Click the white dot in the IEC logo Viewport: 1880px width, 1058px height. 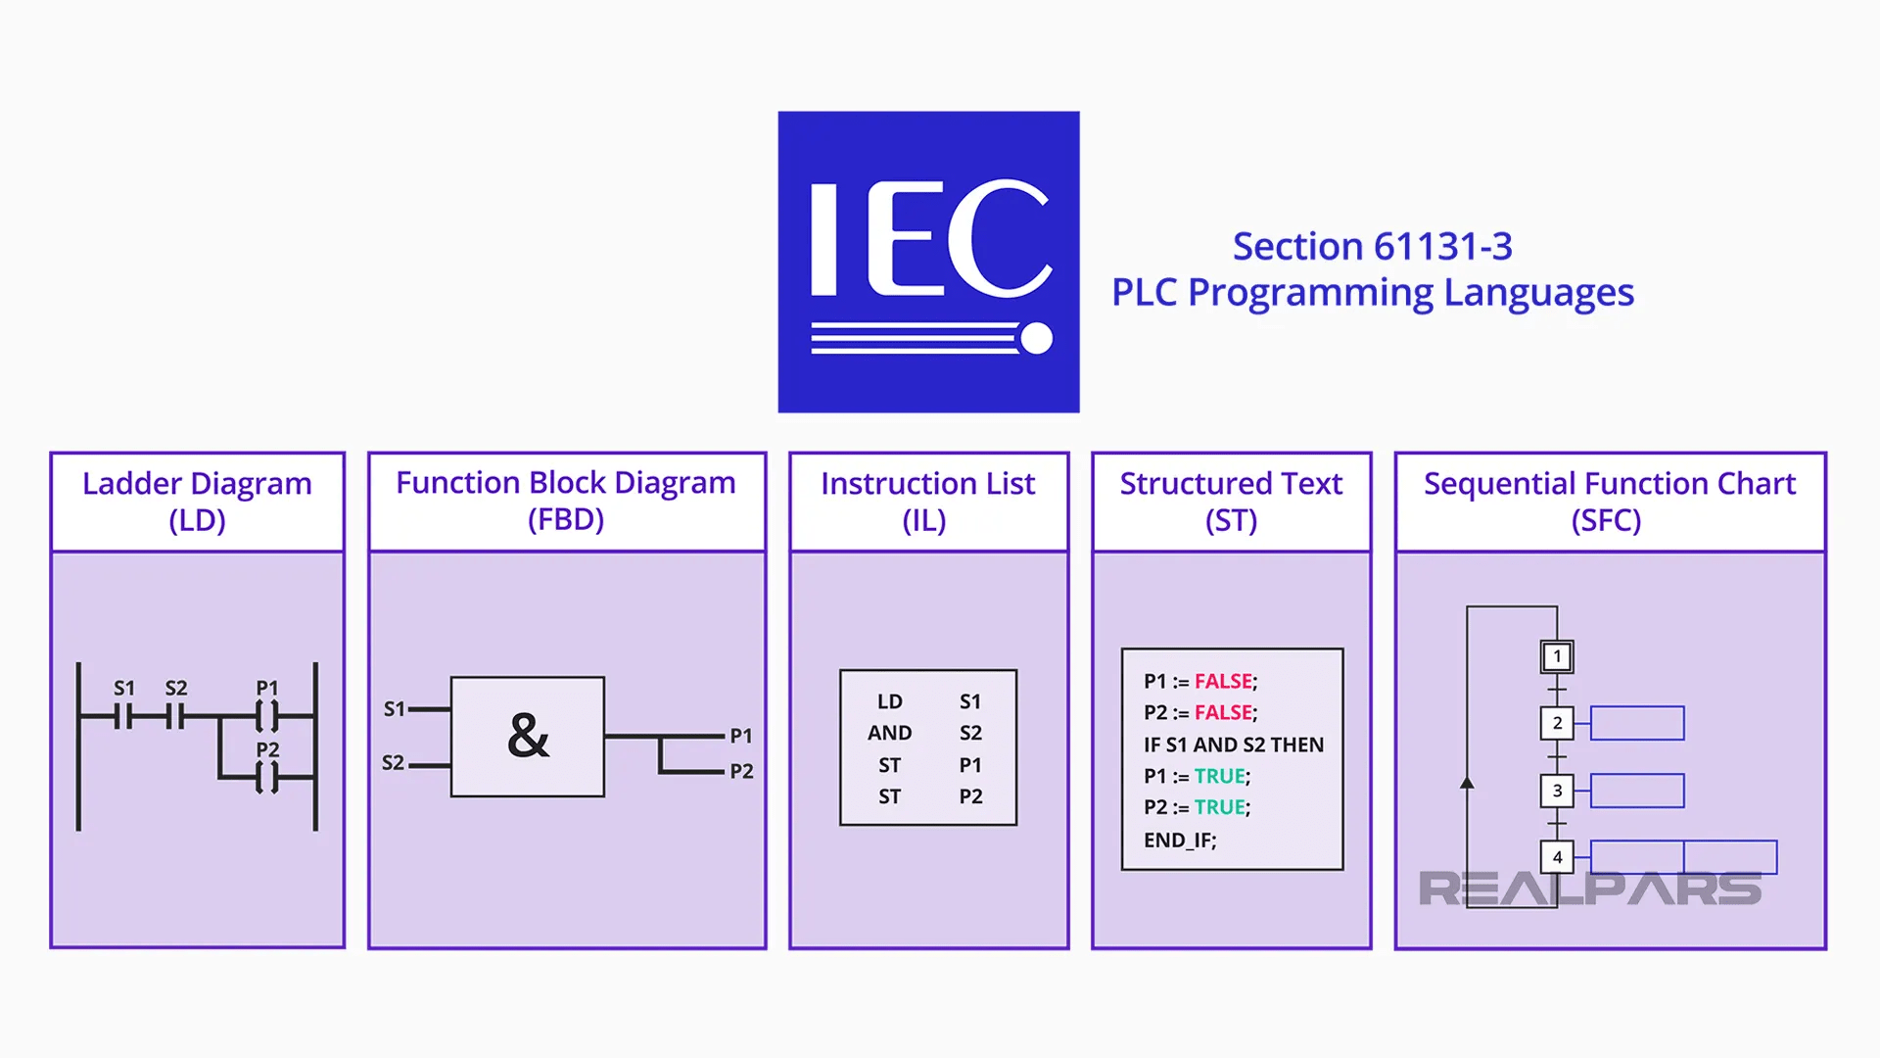[x=1035, y=338]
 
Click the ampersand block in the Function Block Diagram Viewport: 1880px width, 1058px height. [x=528, y=737]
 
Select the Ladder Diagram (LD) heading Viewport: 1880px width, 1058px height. [x=197, y=501]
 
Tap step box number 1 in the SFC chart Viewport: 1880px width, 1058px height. [x=1557, y=656]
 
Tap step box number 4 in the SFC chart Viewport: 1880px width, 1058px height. [x=1557, y=857]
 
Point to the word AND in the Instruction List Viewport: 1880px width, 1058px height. [x=889, y=733]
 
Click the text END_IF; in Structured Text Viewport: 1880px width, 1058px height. [x=1180, y=840]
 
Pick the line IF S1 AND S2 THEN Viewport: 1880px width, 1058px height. [x=1233, y=745]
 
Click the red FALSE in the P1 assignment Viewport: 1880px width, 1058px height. [x=1223, y=681]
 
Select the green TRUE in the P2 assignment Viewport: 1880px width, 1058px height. [x=1219, y=807]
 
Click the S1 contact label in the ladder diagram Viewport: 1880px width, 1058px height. [x=124, y=688]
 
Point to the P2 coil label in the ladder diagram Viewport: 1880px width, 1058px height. [x=267, y=749]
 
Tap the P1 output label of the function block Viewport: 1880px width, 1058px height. [x=741, y=736]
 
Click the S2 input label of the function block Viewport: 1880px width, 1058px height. [x=393, y=762]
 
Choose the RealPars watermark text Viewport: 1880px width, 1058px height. [x=1589, y=889]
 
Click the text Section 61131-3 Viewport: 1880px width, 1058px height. [x=1372, y=246]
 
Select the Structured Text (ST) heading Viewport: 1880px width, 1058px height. [x=1231, y=501]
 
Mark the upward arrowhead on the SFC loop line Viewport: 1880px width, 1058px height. [x=1467, y=783]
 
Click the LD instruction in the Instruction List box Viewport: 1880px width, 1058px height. [x=889, y=701]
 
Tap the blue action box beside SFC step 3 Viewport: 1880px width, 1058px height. [x=1636, y=791]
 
